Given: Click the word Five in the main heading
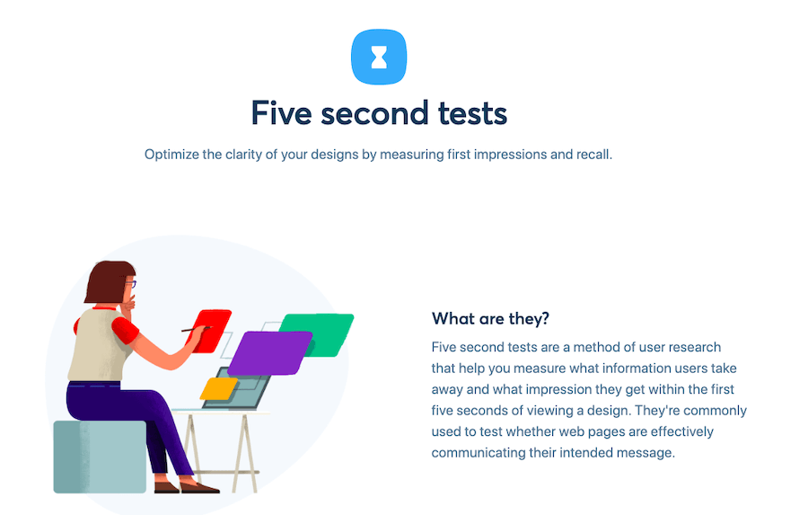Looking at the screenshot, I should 282,114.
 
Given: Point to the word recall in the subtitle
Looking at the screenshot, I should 592,155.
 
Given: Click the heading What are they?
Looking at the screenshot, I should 490,318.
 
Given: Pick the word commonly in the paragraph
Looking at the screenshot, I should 716,410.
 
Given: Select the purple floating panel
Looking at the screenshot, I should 269,352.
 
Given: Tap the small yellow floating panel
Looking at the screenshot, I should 218,387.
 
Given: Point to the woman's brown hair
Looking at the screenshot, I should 105,281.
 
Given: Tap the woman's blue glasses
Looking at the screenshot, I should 131,284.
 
